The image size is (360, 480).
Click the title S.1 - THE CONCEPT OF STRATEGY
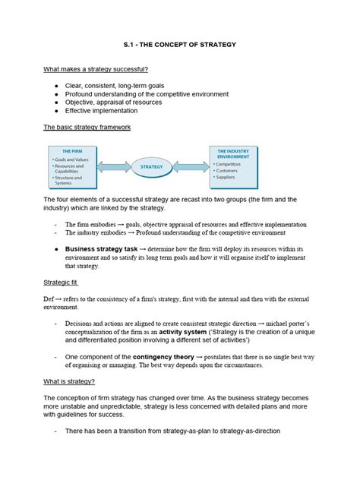(x=179, y=45)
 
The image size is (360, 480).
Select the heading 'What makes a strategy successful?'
(x=96, y=70)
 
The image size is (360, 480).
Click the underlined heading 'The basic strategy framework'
(x=87, y=128)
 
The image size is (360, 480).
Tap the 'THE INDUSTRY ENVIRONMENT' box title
(x=238, y=154)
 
